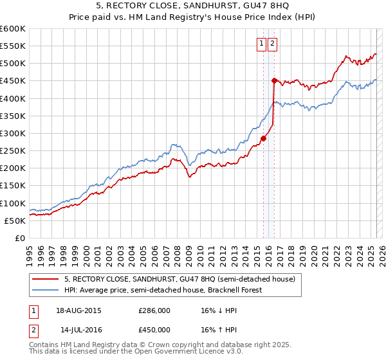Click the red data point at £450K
coord(274,80)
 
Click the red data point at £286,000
coord(264,138)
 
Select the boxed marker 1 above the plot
coord(262,44)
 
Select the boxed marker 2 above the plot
coord(273,44)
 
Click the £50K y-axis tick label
coord(15,221)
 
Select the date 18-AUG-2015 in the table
coord(78,310)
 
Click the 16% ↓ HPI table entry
coord(219,310)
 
